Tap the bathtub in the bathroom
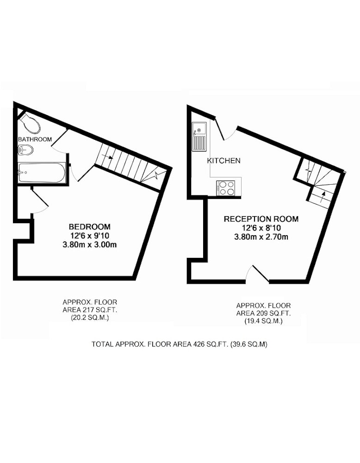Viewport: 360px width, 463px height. pyautogui.click(x=41, y=172)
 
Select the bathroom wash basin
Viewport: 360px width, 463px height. pyautogui.click(x=25, y=150)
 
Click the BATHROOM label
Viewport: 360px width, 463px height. pyautogui.click(x=35, y=139)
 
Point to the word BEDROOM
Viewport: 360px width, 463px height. pyautogui.click(x=90, y=226)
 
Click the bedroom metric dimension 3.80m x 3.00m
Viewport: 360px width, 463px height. pyautogui.click(x=90, y=245)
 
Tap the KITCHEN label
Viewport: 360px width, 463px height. pyautogui.click(x=223, y=161)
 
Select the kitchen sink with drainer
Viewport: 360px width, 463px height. pyautogui.click(x=199, y=137)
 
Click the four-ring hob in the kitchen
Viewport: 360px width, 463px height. pyautogui.click(x=226, y=188)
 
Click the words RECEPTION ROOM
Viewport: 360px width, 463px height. pyautogui.click(x=261, y=219)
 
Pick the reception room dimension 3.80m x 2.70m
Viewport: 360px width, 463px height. pyautogui.click(x=261, y=237)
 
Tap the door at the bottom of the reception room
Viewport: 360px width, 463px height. pyautogui.click(x=257, y=274)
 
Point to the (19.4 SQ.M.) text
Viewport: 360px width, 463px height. pyautogui.click(x=263, y=321)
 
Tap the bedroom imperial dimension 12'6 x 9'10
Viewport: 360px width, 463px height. pyautogui.click(x=90, y=236)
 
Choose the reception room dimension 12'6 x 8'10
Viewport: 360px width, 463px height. pyautogui.click(x=261, y=228)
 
